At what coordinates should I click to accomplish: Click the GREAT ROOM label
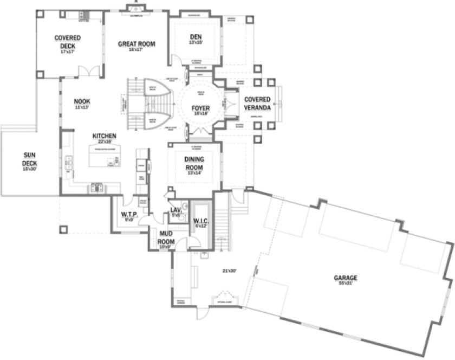(136, 44)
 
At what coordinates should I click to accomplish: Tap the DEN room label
(196, 37)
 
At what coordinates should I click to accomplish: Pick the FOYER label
(200, 108)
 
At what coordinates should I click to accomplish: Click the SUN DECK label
(29, 158)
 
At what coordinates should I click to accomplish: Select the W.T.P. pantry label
(129, 215)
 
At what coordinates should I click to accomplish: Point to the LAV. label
(175, 209)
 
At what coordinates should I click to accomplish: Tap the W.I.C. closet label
(201, 221)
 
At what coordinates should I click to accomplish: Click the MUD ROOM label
(165, 237)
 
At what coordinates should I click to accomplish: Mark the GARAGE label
(345, 277)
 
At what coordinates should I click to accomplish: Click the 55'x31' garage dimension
(345, 282)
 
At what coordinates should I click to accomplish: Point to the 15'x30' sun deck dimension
(29, 169)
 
